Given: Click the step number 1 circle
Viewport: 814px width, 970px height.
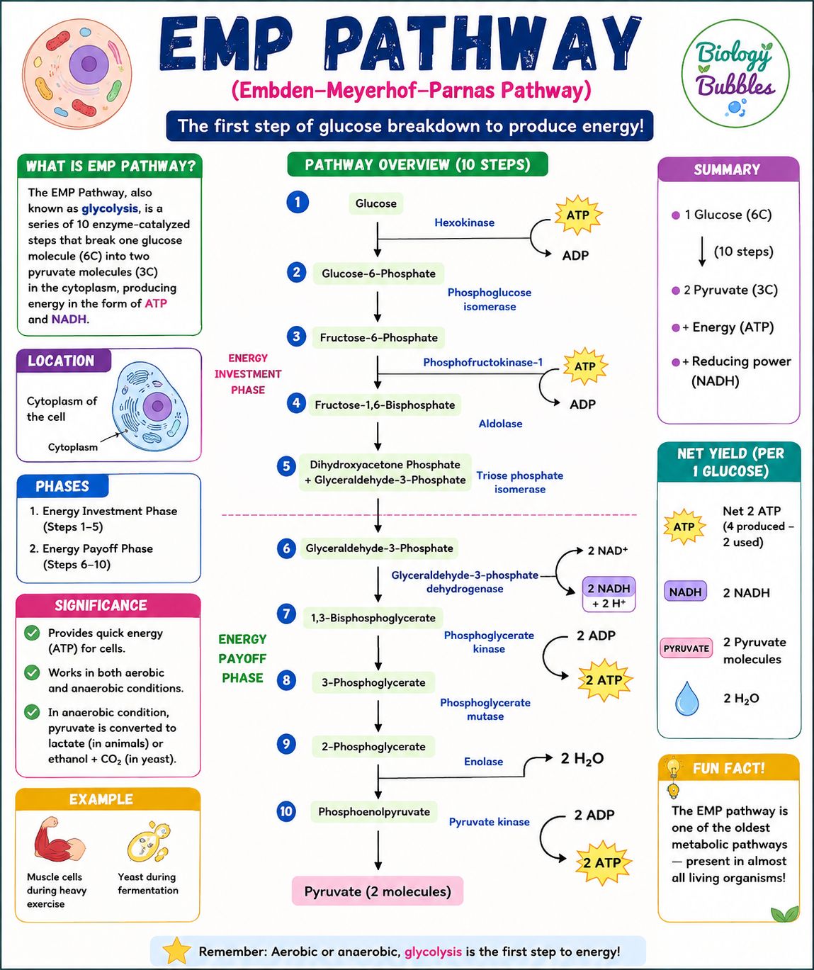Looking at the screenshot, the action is click(x=298, y=202).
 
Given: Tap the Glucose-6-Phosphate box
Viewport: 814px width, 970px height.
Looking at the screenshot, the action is click(x=378, y=273).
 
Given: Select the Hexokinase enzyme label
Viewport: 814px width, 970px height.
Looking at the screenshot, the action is click(x=464, y=222).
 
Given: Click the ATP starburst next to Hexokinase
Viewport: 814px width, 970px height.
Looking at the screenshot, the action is click(x=578, y=215).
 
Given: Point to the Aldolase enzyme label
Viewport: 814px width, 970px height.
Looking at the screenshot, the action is click(x=500, y=424).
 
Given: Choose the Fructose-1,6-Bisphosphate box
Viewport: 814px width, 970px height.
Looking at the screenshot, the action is click(x=385, y=405).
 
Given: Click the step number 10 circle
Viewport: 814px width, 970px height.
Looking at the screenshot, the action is click(x=286, y=811).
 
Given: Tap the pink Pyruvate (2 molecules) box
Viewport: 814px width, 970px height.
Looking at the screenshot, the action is click(x=378, y=891).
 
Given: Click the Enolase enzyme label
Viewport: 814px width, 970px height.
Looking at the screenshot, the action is click(x=483, y=762).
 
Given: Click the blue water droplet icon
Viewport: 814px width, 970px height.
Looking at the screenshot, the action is click(x=686, y=698).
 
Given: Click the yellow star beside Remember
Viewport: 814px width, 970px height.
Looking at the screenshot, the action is click(x=176, y=950).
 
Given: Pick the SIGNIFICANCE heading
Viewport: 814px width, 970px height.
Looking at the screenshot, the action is click(x=101, y=605).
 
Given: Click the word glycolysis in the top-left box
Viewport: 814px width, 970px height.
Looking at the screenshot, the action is click(x=110, y=208).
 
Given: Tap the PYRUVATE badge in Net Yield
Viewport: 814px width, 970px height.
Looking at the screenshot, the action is click(x=686, y=648).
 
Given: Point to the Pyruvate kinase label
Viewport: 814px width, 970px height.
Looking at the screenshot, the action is click(x=489, y=822).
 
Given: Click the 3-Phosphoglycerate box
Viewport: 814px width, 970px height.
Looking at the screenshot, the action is click(x=373, y=682).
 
